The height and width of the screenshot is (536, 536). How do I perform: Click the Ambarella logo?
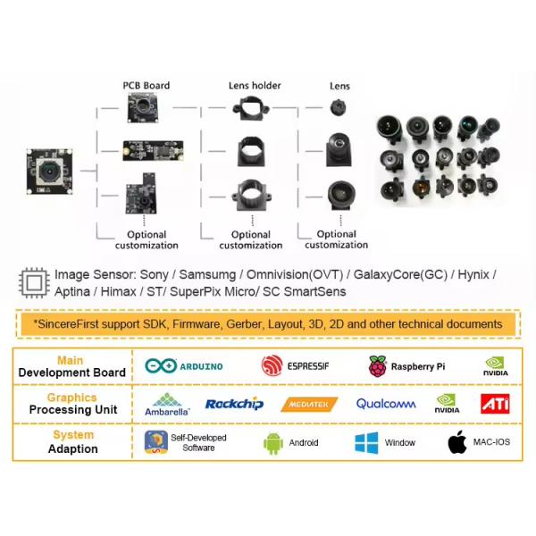tap(167, 405)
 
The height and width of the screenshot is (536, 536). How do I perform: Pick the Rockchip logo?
tap(234, 404)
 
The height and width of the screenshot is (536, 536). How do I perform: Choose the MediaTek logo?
tap(309, 405)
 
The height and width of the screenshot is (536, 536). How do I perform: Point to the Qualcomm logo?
tap(386, 404)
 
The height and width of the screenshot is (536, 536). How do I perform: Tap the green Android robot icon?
tap(273, 442)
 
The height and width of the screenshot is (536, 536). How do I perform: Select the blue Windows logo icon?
tap(366, 442)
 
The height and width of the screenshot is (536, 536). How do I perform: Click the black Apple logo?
tap(457, 442)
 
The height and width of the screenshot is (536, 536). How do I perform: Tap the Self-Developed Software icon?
tap(156, 442)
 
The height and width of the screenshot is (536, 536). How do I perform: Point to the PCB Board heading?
tap(146, 87)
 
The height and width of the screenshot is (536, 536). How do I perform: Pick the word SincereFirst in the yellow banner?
tap(71, 323)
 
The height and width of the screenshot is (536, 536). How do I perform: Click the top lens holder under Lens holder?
tap(251, 111)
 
